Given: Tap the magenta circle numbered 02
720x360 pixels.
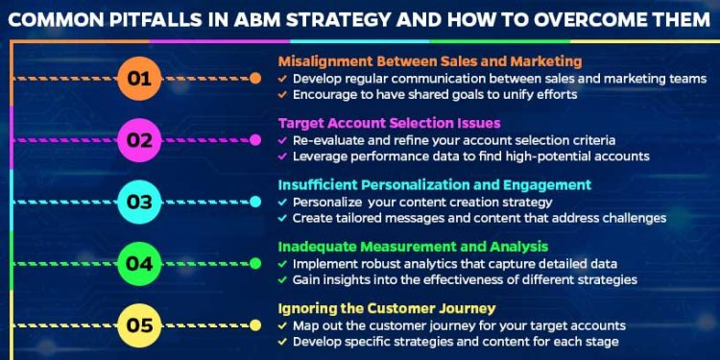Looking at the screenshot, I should [x=140, y=140].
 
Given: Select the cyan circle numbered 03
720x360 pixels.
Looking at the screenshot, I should [x=140, y=202].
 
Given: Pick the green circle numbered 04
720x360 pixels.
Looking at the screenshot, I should [x=140, y=263].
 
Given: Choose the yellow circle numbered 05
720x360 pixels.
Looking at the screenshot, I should [x=140, y=324].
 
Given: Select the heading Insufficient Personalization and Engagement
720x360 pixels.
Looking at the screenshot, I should [x=435, y=184].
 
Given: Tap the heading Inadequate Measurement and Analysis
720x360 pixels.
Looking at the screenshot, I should [x=413, y=247].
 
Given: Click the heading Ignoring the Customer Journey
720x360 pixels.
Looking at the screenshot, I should [x=387, y=308].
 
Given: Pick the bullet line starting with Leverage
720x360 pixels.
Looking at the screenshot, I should [x=470, y=156].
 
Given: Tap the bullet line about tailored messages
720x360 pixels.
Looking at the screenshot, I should [x=478, y=218].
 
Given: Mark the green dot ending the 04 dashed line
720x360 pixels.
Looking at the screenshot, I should [x=255, y=263].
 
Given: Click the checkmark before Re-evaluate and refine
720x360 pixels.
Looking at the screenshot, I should [x=281, y=140].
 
